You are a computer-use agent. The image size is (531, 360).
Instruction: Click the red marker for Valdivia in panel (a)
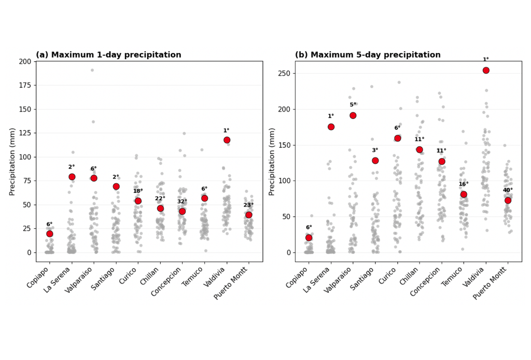point(227,140)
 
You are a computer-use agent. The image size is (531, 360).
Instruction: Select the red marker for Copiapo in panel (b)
point(309,238)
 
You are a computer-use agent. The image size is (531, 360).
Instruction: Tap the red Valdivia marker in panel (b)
point(486,71)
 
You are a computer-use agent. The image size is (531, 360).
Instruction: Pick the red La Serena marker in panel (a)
point(72,177)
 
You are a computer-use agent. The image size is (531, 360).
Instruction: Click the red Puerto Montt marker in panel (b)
point(508,200)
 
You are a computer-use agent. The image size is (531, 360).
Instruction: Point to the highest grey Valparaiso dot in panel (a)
point(92,70)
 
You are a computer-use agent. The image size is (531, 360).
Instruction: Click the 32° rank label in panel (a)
point(182,201)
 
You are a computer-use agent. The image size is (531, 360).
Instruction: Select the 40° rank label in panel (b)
point(508,190)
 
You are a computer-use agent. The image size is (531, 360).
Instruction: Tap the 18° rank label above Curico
point(138,191)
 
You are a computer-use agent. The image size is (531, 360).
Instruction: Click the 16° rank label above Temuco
point(464,184)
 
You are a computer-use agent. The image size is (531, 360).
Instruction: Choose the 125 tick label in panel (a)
point(25,133)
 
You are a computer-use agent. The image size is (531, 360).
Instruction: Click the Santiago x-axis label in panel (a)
point(104,279)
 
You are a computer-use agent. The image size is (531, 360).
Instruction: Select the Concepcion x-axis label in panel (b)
point(425,282)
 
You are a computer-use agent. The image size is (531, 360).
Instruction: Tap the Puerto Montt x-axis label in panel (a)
point(231,283)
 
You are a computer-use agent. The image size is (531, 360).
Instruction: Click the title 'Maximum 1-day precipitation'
point(116,55)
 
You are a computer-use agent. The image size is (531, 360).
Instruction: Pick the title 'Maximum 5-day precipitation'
point(375,55)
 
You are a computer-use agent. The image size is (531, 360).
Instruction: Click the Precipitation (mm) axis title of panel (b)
point(271,161)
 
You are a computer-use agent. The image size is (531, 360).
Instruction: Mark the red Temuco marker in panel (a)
point(204,198)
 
